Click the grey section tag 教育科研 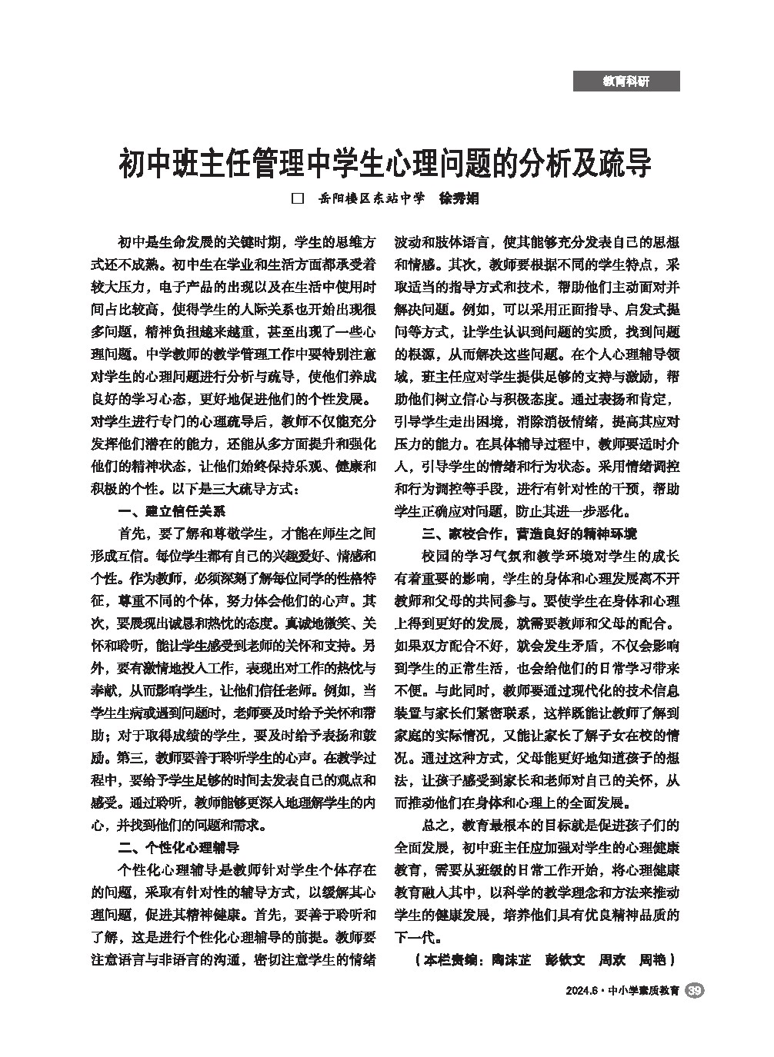coord(626,81)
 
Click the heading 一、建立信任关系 coord(171,512)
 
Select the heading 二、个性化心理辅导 coord(178,849)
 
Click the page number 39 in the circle coord(694,991)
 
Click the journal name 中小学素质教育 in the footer coord(643,992)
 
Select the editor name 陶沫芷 coord(512,960)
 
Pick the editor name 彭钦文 coord(565,960)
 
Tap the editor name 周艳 coord(652,960)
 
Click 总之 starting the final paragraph coord(435,826)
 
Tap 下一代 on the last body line coord(414,938)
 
